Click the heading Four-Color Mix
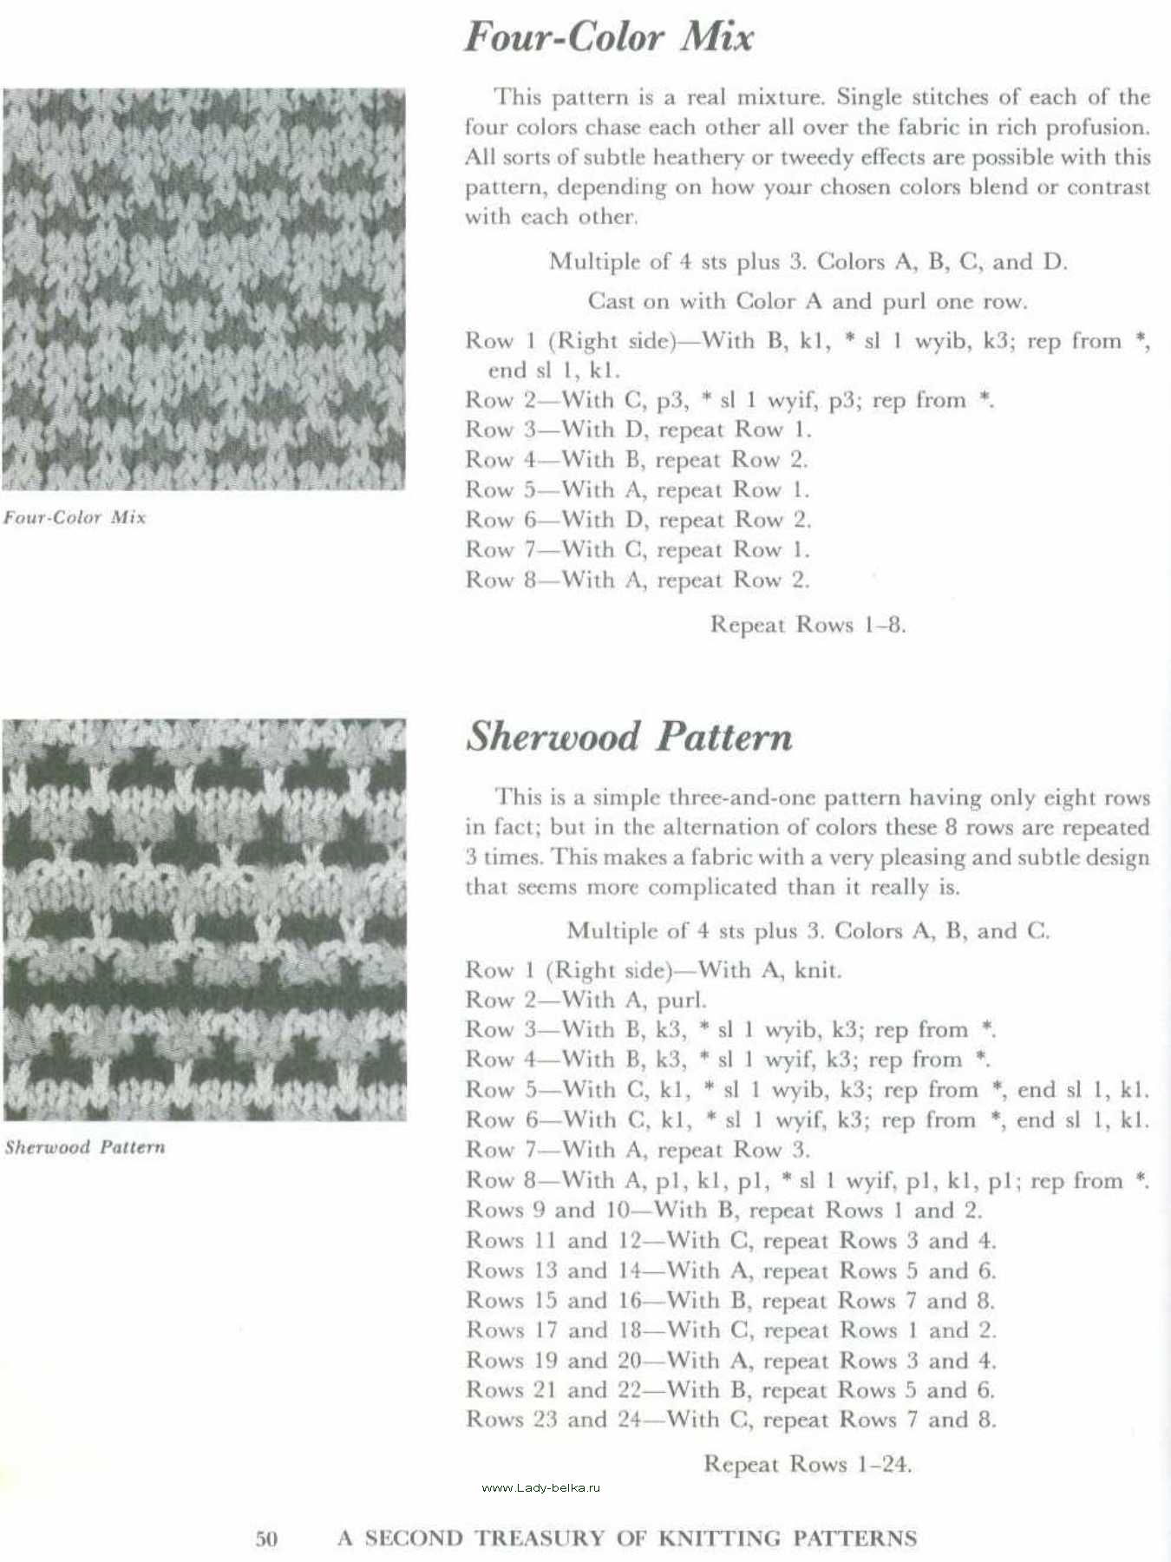pos(608,36)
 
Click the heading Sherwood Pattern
pos(629,737)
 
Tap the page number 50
pos(266,1539)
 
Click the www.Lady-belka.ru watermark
pos(540,1487)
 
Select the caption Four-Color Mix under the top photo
pos(75,517)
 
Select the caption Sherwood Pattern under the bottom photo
pos(84,1146)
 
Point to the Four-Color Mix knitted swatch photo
pos(203,288)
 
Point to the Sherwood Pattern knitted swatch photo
pos(203,920)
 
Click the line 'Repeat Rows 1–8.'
pos(808,624)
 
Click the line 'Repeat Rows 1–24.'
pos(807,1464)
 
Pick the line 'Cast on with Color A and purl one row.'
pos(807,301)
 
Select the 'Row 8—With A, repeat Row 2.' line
pos(638,579)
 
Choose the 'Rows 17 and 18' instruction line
pos(730,1329)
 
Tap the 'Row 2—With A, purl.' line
pos(586,1000)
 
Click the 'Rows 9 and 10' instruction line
pos(723,1210)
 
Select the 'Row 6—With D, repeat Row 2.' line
pos(638,520)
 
